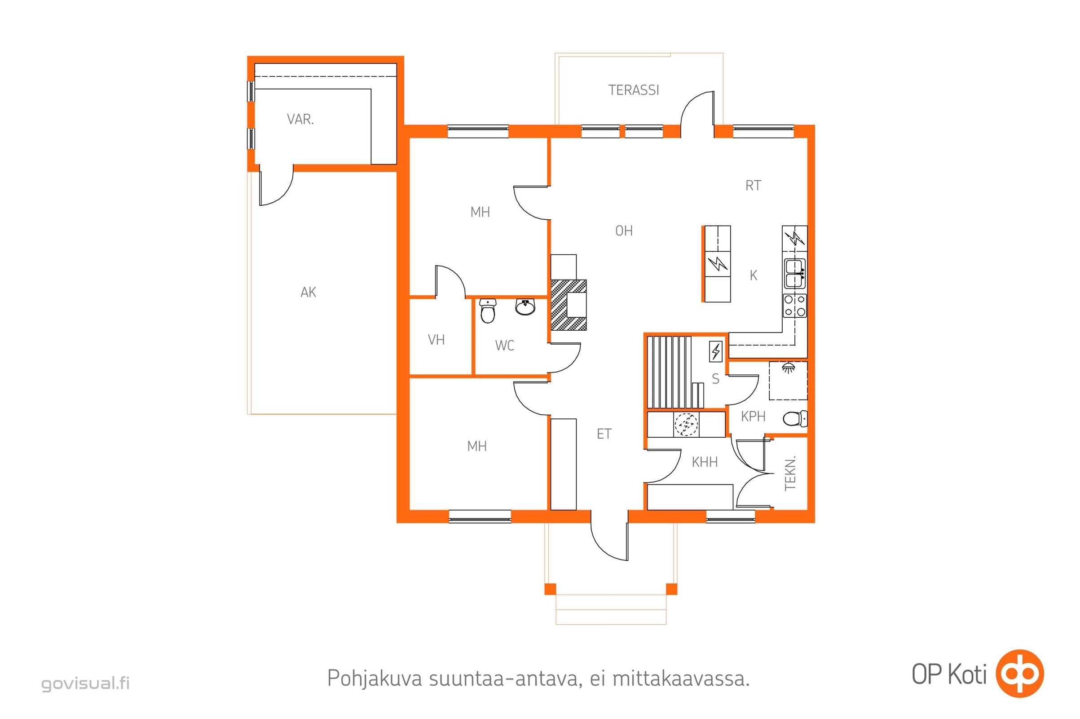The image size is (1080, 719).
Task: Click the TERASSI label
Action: pyautogui.click(x=633, y=90)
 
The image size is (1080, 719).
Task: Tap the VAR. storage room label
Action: pyautogui.click(x=300, y=119)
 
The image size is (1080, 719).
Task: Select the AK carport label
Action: pyautogui.click(x=309, y=292)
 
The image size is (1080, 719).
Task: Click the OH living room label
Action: pyautogui.click(x=624, y=231)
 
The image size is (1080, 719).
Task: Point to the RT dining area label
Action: pyautogui.click(x=753, y=185)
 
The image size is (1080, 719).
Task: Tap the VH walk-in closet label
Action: pyautogui.click(x=436, y=339)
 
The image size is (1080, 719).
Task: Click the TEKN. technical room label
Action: pyautogui.click(x=790, y=473)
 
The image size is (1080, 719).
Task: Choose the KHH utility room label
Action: pyautogui.click(x=705, y=462)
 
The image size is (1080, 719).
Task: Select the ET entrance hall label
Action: pyautogui.click(x=604, y=434)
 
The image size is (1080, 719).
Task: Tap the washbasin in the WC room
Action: pyautogui.click(x=525, y=307)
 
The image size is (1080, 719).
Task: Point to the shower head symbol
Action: pyautogui.click(x=788, y=367)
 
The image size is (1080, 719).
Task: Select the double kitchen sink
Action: pyautogui.click(x=795, y=274)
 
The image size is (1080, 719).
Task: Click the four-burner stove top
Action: pyautogui.click(x=795, y=306)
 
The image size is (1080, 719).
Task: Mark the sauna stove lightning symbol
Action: pyautogui.click(x=716, y=352)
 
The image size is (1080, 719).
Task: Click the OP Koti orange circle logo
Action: pyautogui.click(x=1020, y=673)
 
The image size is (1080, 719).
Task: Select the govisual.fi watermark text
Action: pyautogui.click(x=86, y=683)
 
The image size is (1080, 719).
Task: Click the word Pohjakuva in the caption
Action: pyautogui.click(x=375, y=679)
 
